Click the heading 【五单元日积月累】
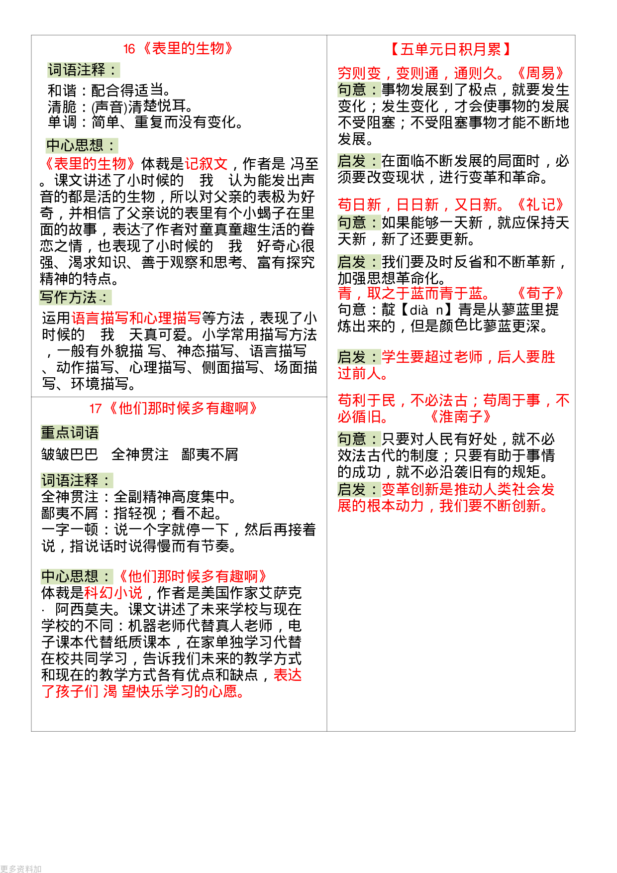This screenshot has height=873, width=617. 451,49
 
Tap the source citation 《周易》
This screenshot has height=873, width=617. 540,74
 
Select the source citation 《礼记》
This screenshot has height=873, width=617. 540,205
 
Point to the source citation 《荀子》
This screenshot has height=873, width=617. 540,293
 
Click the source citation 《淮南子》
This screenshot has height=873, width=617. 461,417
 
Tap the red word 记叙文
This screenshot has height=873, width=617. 206,164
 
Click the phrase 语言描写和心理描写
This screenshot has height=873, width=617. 136,318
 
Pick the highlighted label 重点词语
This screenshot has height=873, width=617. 70,433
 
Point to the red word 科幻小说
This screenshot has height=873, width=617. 113,593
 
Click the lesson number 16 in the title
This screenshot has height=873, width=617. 129,49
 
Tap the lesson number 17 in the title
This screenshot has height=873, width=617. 95,409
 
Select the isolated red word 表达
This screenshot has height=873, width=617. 288,675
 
